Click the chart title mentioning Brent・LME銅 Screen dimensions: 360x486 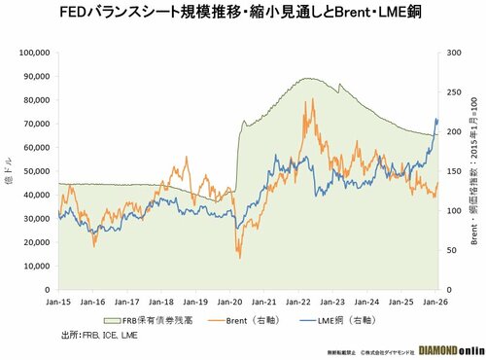click(243, 14)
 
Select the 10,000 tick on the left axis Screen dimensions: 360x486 click(37, 267)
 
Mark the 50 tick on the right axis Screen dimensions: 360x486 click(452, 251)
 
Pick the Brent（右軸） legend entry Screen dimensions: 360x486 click(251, 319)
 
